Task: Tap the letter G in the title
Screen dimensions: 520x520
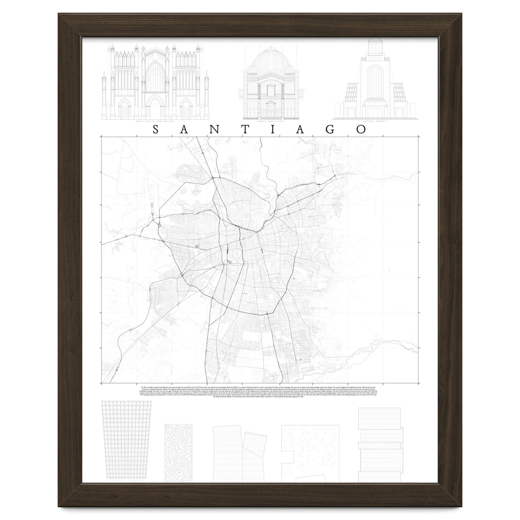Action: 330,130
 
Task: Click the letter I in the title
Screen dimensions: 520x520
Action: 272,130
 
